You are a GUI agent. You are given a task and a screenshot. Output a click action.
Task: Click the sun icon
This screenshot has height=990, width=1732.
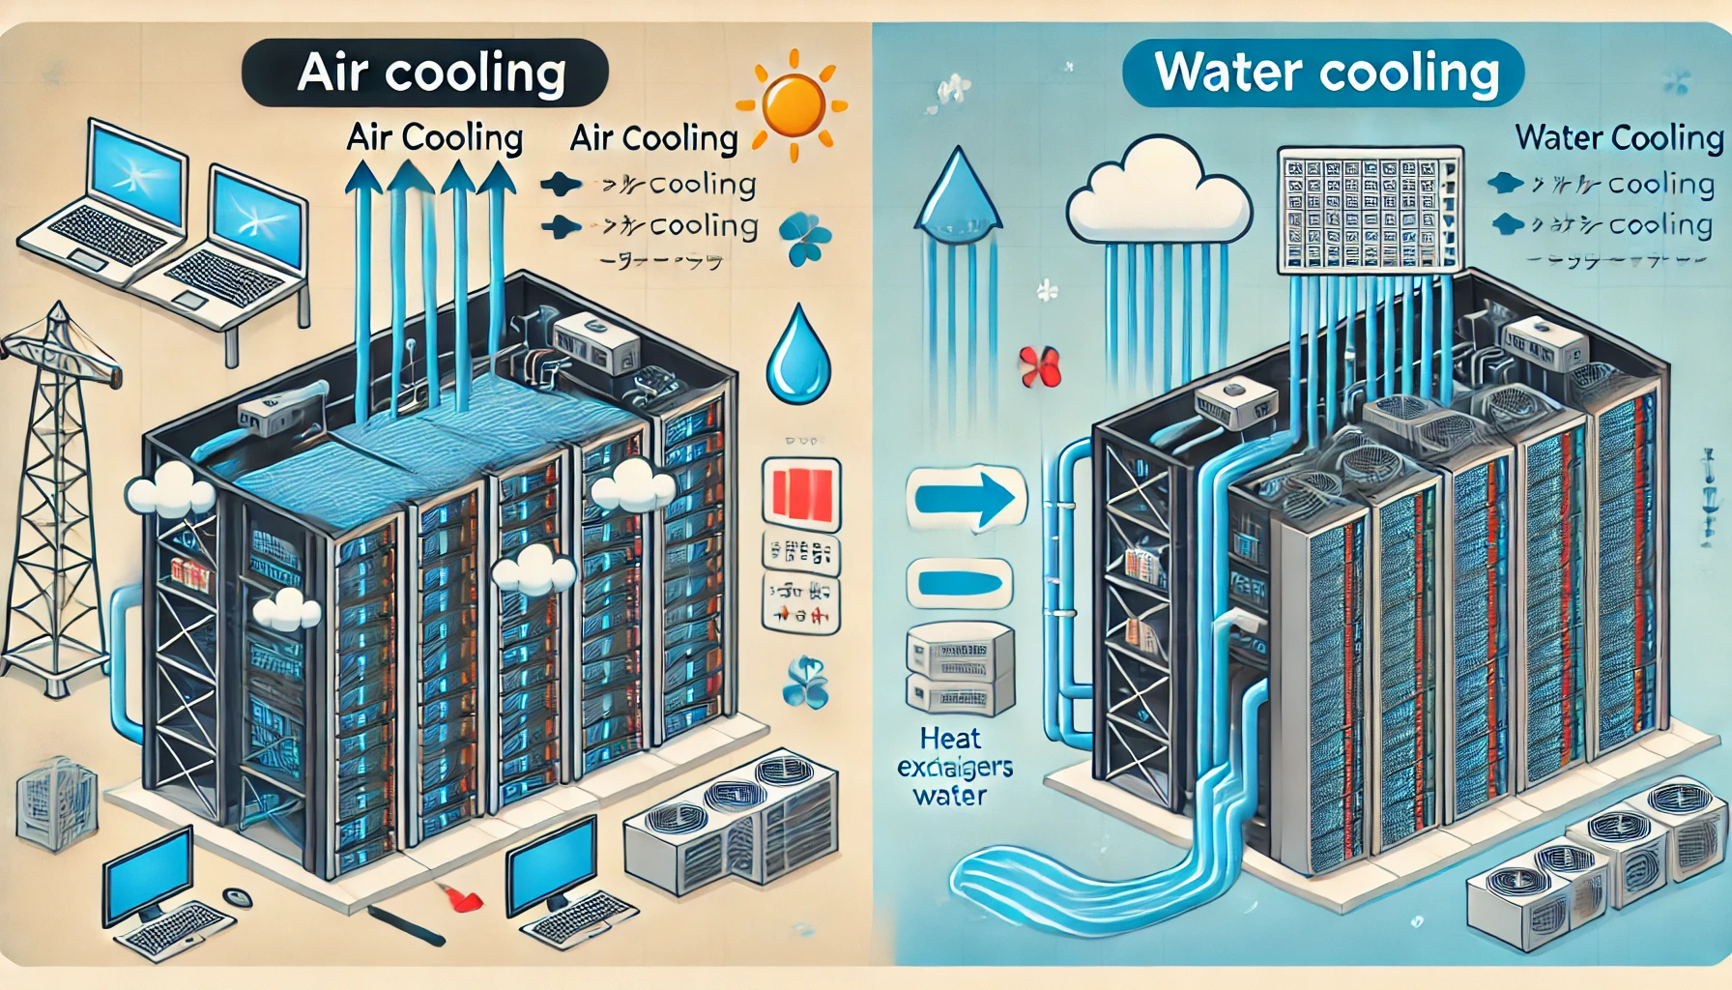click(x=792, y=104)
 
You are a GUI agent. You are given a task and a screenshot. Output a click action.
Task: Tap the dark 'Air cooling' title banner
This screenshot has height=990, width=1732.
click(x=425, y=73)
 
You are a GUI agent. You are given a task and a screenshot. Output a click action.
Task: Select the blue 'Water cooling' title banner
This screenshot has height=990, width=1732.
click(x=1323, y=73)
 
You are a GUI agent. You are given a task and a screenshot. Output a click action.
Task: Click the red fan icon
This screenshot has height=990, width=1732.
click(x=1040, y=367)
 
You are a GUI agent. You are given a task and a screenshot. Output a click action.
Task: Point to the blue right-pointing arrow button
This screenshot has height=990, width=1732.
click(x=965, y=499)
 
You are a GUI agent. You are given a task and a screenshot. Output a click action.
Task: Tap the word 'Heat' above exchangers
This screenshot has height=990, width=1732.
click(x=950, y=739)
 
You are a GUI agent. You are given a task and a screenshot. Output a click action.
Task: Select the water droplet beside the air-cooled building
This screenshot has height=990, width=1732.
click(x=798, y=356)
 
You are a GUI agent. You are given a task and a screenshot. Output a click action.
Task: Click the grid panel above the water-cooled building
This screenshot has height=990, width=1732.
click(x=1370, y=209)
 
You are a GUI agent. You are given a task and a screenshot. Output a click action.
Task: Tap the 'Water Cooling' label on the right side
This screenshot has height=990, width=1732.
click(x=1619, y=137)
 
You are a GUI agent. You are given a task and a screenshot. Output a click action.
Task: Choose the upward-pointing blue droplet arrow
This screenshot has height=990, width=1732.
click(x=956, y=193)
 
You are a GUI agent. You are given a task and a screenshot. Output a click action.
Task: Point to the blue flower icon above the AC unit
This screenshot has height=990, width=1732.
click(x=804, y=681)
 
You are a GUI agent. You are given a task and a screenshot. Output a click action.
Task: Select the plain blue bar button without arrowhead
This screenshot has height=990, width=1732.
click(x=959, y=583)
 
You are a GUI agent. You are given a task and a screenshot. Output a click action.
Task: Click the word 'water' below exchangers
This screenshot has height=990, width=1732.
click(x=950, y=797)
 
